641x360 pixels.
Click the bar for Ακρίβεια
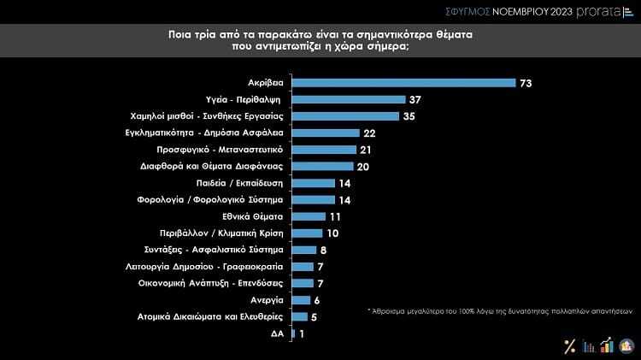[x=403, y=83]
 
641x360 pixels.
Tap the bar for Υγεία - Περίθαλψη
[x=348, y=99]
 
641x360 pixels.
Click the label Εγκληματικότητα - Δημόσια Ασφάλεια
[x=221, y=133]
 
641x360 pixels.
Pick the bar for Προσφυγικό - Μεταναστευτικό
[x=324, y=149]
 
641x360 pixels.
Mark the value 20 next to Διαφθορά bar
[x=362, y=166]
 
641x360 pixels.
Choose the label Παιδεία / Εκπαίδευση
[x=246, y=183]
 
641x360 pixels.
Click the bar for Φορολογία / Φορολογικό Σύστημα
[x=313, y=199]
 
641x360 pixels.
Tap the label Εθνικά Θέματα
[x=256, y=216]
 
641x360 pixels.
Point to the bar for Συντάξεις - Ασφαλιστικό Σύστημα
[x=303, y=250]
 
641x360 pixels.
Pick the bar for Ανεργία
[x=301, y=299]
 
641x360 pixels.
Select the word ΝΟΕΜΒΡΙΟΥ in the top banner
[x=520, y=11]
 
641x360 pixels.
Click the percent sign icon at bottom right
[x=569, y=346]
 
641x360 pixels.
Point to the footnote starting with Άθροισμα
[x=503, y=310]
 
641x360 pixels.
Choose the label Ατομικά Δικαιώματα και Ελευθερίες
[x=222, y=316]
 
